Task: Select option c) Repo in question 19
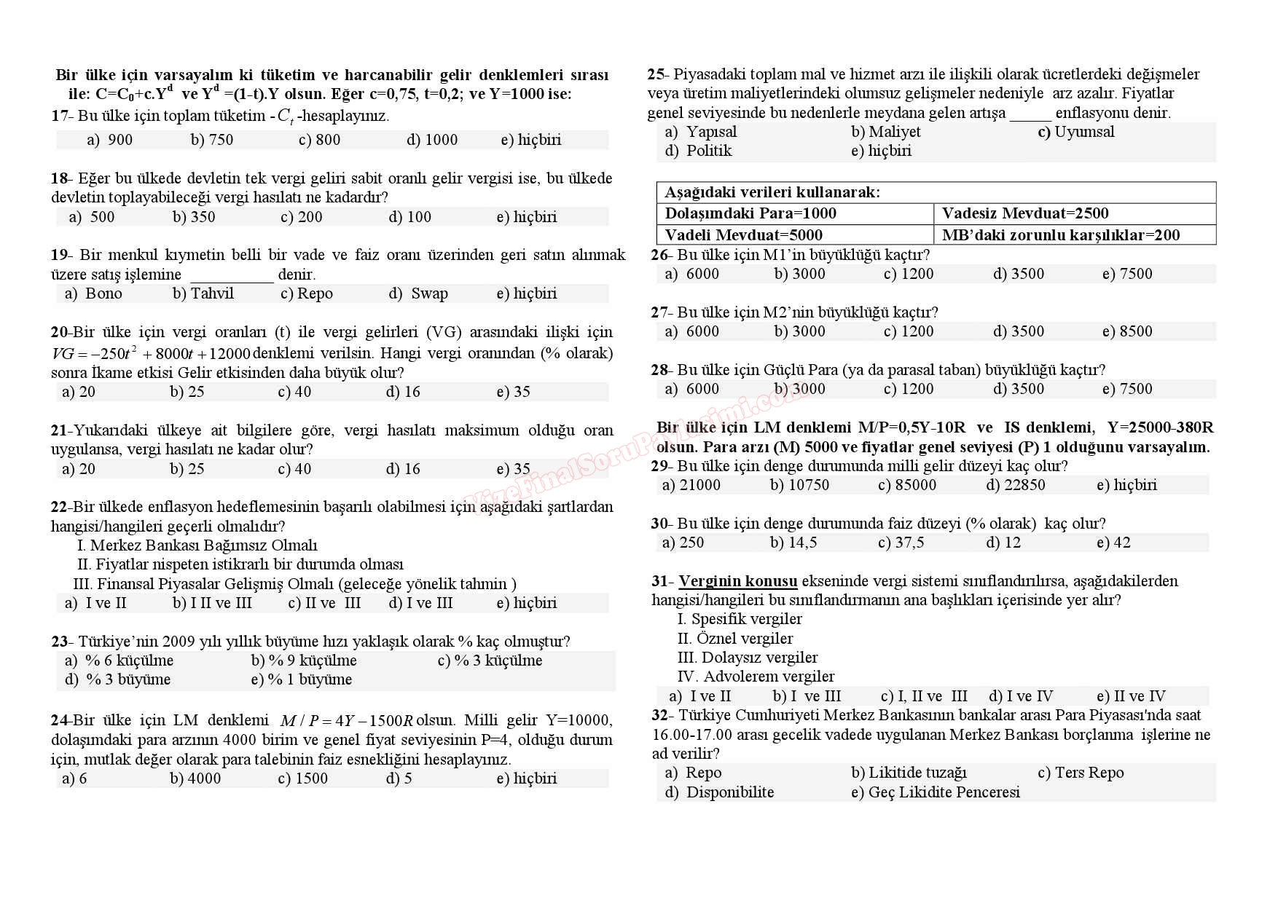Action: coord(307,293)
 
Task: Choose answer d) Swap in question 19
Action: coord(418,293)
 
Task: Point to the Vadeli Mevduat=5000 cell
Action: coord(743,234)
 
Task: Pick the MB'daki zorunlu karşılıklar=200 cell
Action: coord(1060,234)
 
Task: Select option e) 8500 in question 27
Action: coord(1127,331)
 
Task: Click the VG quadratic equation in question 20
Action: coord(152,354)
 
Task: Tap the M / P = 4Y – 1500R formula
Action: coord(347,721)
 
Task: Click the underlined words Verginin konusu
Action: coord(737,581)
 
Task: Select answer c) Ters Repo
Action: coord(1081,773)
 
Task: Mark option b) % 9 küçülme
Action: coord(304,661)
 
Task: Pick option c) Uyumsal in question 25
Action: coord(1076,132)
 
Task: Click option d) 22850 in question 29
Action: coord(1016,485)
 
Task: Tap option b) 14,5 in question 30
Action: coord(793,543)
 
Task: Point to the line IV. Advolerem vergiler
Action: coord(756,677)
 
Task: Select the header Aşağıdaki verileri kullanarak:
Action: coord(772,192)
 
